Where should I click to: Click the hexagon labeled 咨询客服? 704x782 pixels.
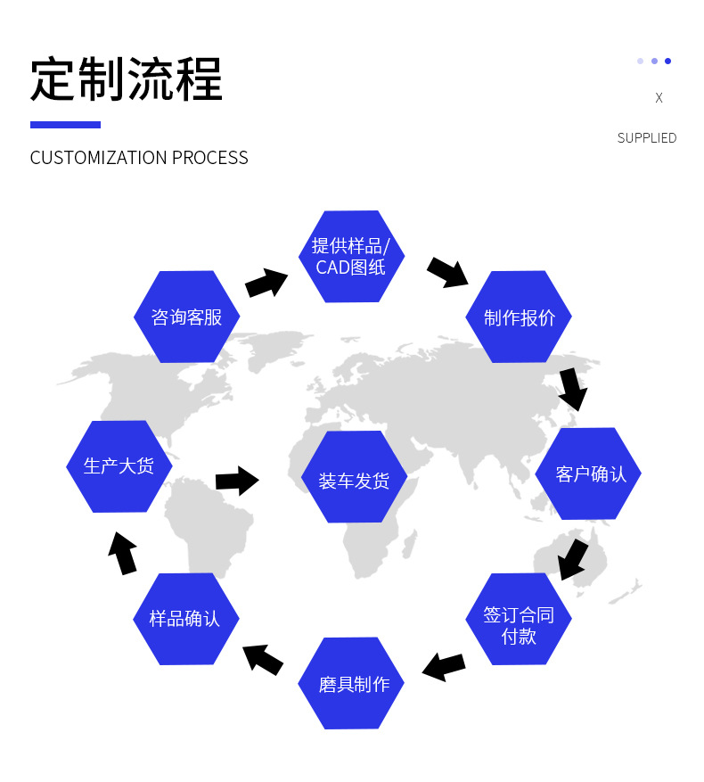[x=186, y=317]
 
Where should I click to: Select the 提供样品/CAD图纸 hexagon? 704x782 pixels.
[x=351, y=256]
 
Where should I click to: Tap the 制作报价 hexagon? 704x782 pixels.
[x=519, y=317]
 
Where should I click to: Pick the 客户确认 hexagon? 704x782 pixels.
[x=588, y=473]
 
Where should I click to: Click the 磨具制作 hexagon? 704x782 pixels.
[x=351, y=684]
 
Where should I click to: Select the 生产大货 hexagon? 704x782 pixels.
[x=119, y=466]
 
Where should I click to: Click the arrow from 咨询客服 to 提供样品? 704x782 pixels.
[x=266, y=283]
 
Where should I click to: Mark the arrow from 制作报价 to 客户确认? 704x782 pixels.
[x=573, y=389]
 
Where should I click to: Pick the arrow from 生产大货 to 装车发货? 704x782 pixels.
[x=237, y=481]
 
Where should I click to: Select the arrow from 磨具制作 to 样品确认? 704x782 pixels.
[x=263, y=659]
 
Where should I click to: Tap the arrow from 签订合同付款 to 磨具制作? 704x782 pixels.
[x=444, y=666]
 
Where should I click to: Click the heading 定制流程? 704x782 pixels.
[x=126, y=80]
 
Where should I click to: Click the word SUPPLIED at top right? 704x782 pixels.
[x=647, y=138]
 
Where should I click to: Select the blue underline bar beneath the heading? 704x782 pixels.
[x=65, y=125]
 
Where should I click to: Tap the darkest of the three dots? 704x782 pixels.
[x=667, y=62]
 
